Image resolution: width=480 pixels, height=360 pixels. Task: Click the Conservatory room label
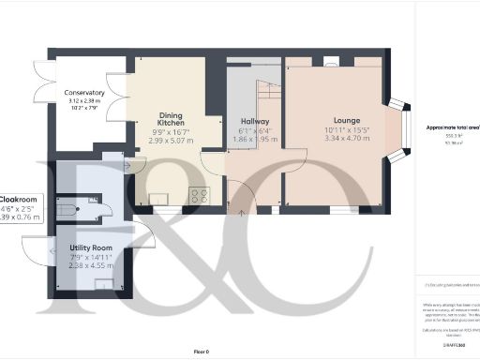[x=84, y=93]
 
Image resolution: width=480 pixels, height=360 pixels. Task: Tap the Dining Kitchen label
[x=171, y=119]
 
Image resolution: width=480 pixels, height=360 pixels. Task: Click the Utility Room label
[x=91, y=247]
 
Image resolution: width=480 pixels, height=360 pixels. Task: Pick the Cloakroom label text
[x=18, y=199]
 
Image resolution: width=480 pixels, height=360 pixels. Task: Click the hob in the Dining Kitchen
[x=200, y=196]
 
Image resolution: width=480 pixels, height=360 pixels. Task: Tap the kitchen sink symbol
[x=157, y=197]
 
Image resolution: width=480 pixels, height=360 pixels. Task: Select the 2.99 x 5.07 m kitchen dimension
[x=171, y=140]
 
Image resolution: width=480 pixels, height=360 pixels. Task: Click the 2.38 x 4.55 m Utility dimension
[x=91, y=265]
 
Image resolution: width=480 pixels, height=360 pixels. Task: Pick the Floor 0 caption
[x=201, y=351]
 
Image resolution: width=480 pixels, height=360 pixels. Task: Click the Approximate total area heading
[x=453, y=126]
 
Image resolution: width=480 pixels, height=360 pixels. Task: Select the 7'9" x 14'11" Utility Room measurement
[x=91, y=257]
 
